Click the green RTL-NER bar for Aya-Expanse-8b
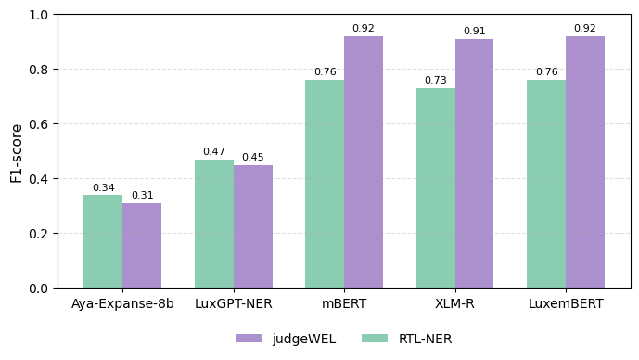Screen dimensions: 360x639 tap(103, 241)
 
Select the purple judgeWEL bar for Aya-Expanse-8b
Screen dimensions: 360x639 tap(142, 245)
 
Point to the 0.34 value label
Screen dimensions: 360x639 tap(103, 188)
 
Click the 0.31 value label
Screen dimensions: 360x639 tap(142, 196)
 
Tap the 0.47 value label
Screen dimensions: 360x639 tap(214, 152)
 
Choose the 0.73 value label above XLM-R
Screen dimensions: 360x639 tap(436, 81)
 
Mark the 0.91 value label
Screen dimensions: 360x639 tap(474, 32)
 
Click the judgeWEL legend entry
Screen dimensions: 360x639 tap(286, 339)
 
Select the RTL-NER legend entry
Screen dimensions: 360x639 tap(406, 339)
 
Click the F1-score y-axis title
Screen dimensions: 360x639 tap(17, 152)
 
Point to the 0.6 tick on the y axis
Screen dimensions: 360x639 tap(39, 124)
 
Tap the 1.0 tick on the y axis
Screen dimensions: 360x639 tap(39, 15)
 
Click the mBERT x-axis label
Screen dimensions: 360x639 tap(344, 303)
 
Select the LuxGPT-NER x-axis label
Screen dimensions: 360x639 tap(234, 303)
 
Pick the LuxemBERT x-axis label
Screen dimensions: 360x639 tap(566, 303)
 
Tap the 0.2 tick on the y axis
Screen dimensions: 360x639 tap(39, 234)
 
